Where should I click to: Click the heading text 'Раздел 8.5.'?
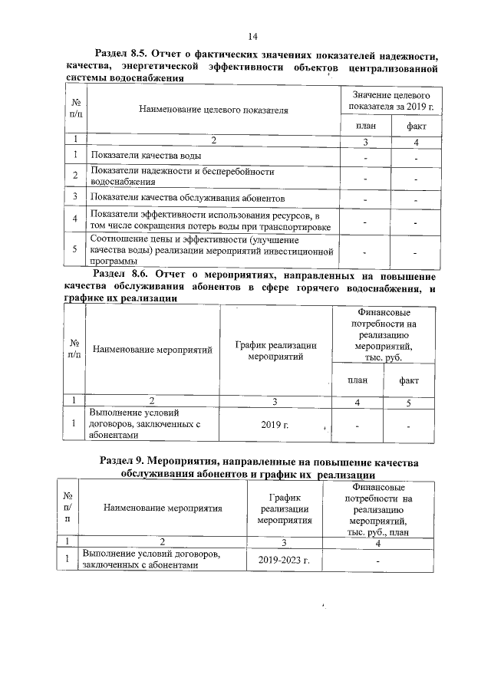coord(122,54)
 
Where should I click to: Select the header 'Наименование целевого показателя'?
coord(213,110)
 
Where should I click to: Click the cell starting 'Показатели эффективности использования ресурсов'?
coord(210,220)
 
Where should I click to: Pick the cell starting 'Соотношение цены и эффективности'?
coord(212,250)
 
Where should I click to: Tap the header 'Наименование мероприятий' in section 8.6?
coord(152,350)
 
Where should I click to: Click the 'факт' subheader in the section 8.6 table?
coord(409,380)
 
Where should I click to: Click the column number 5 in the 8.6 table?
coord(409,401)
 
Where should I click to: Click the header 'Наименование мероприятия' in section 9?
coord(163,507)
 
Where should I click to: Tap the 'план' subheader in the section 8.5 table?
coord(365,125)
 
